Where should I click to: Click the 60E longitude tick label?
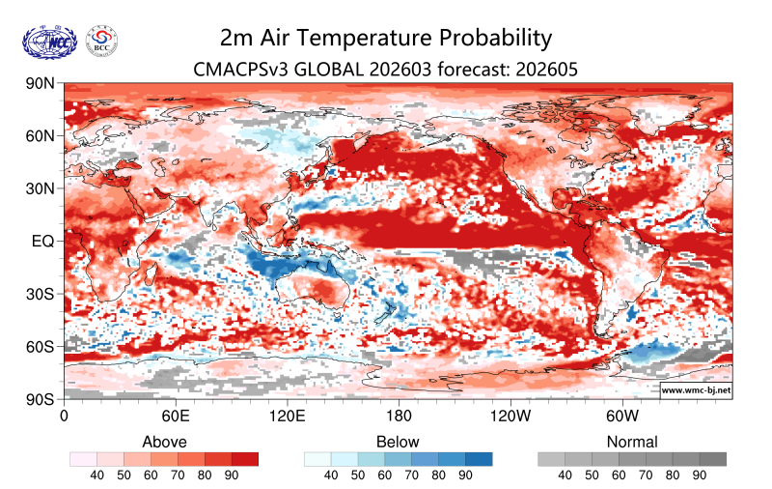coord(175,417)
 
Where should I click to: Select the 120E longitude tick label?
coord(287,417)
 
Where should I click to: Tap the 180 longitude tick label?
coord(399,417)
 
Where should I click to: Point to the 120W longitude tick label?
coord(510,417)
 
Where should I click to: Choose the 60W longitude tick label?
coord(622,417)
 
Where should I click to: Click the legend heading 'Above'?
coord(164,442)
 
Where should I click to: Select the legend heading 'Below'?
coord(398,442)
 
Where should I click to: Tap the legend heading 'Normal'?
coord(632,442)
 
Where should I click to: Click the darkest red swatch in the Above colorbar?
coord(245,459)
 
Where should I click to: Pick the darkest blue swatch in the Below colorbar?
coord(479,459)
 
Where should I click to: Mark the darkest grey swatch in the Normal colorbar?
coord(712,459)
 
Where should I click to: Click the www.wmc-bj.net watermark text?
coord(695,390)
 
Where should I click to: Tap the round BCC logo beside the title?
coord(102,40)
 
